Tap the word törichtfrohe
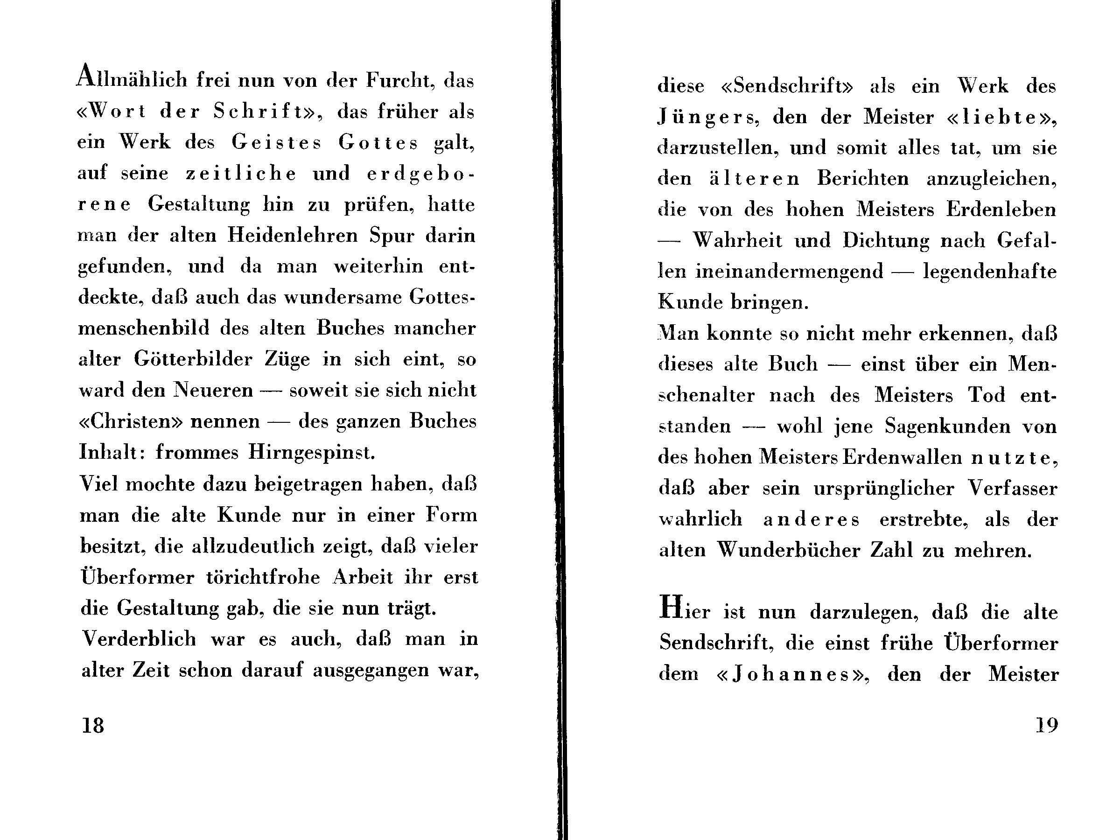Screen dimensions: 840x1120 point(263,577)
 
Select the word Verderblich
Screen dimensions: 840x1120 point(139,639)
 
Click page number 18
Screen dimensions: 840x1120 point(93,726)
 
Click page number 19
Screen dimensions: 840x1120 point(1047,726)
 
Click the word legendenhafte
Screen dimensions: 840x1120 point(990,272)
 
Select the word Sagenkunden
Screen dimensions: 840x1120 point(947,427)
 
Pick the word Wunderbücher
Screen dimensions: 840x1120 point(788,550)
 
